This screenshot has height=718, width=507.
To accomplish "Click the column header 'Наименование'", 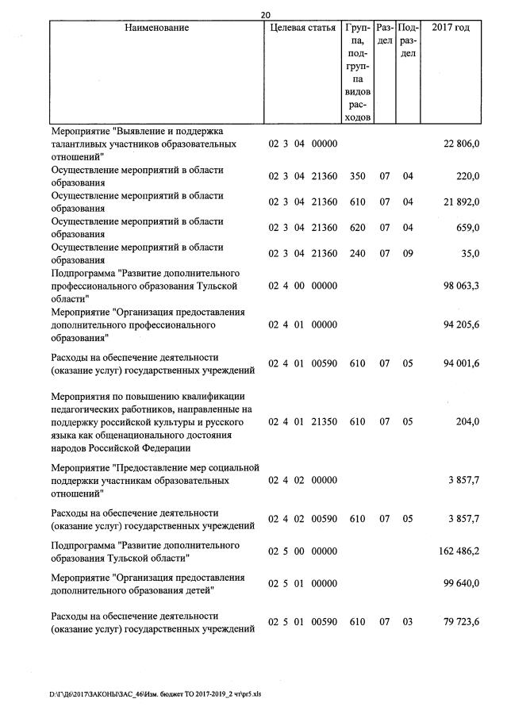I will point(157,28).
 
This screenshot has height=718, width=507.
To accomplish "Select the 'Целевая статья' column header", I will point(302,28).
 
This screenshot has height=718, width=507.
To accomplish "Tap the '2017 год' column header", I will point(451,28).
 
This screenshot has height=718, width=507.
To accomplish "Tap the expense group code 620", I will point(357,228).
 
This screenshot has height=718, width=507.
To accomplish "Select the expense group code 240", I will point(357,254).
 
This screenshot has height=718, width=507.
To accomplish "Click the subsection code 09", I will point(408,254).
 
